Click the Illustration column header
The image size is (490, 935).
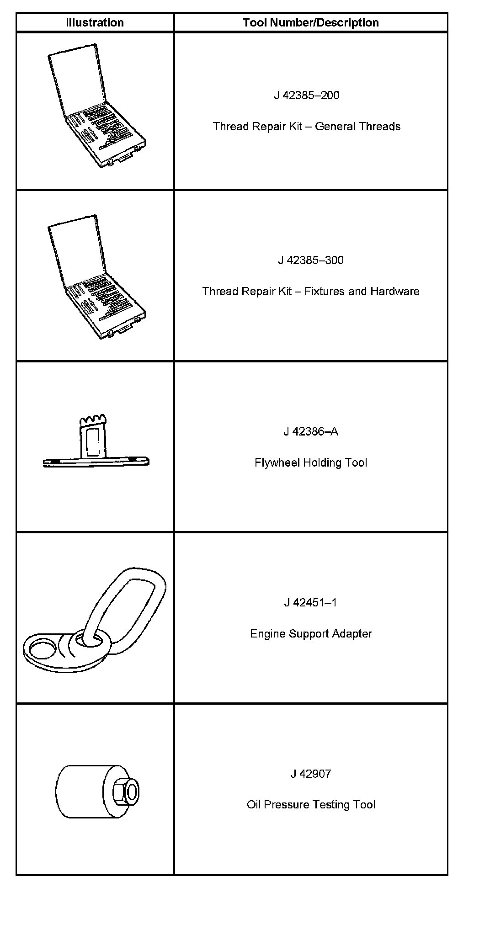95,23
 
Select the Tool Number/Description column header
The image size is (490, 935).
311,23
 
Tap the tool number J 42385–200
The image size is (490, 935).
307,96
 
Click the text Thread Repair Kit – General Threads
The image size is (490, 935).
307,127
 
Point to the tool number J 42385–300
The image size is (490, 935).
311,260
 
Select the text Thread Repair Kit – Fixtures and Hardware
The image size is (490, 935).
311,292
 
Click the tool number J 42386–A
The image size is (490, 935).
311,432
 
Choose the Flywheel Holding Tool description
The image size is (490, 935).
311,463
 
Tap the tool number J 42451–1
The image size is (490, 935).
311,603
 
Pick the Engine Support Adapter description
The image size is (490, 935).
311,634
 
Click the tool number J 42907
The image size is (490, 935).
311,774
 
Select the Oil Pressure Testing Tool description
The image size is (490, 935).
311,805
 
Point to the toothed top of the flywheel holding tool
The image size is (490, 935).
93,420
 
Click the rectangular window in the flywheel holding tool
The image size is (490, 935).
93,442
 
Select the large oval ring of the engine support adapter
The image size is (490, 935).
133,603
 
